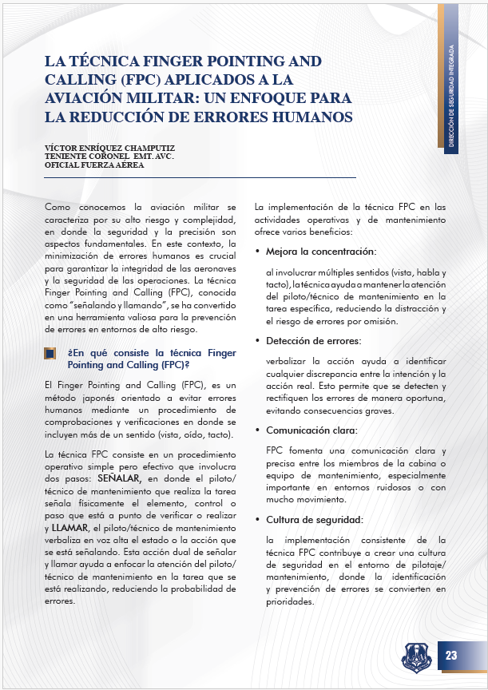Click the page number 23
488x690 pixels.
pyautogui.click(x=450, y=656)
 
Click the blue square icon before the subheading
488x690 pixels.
pyautogui.click(x=50, y=352)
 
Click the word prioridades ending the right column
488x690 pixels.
pyautogui.click(x=292, y=601)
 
